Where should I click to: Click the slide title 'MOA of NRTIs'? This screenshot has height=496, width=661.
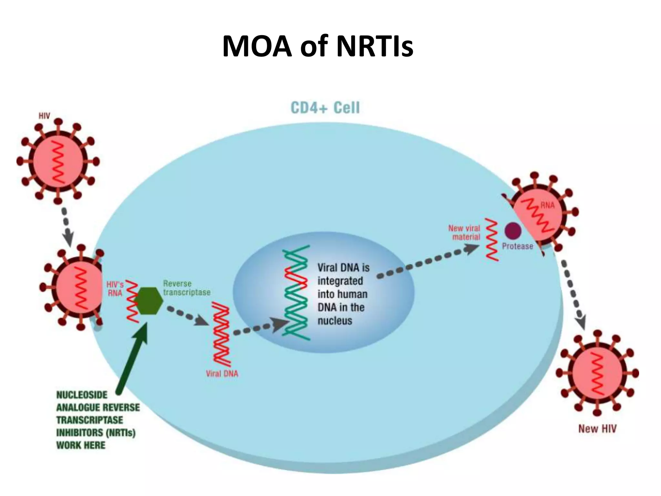point(318,46)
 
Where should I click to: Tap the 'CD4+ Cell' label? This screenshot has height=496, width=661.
point(325,108)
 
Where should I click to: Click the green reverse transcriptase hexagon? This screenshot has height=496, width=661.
point(148,300)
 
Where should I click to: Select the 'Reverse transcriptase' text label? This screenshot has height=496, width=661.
point(186,288)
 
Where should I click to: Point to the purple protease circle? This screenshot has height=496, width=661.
point(513,231)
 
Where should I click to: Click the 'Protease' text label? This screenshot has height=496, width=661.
point(517,246)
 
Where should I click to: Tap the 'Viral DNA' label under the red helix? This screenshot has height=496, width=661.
point(222,374)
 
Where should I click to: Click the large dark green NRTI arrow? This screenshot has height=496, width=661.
point(132,358)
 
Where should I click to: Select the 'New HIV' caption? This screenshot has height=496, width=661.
point(597,429)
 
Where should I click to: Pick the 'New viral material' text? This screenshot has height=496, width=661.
point(464,232)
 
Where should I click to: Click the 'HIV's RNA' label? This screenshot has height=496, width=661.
point(115,289)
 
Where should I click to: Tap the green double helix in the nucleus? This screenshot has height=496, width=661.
point(296,292)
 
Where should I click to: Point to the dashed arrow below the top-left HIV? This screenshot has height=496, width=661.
point(66,226)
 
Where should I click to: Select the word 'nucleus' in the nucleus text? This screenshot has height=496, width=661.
point(335,321)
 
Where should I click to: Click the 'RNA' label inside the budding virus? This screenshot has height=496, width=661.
point(547,205)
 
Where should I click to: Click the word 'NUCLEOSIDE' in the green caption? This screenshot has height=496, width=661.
point(82,395)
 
